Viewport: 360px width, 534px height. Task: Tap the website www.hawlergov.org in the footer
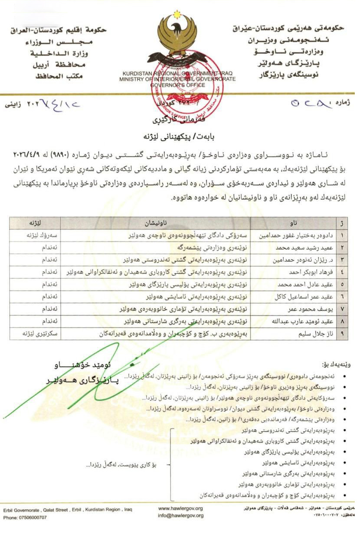pyautogui.click(x=180, y=508)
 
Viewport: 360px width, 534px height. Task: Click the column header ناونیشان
pyautogui.click(x=156, y=224)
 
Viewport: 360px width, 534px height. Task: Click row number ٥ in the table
pyautogui.click(x=343, y=285)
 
